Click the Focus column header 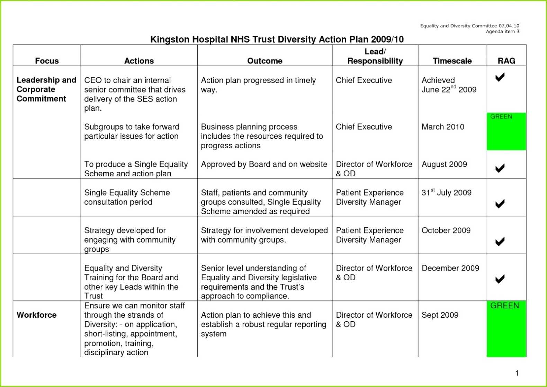47,61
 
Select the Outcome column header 264,61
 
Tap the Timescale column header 452,61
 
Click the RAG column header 506,61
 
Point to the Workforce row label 36,315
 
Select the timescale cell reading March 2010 443,127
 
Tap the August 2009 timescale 444,164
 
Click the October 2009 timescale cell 446,230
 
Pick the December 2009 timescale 450,268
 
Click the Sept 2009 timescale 440,315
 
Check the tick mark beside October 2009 500,241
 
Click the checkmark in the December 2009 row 500,279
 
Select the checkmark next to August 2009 500,168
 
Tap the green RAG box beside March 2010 506,132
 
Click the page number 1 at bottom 517,373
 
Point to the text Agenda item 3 502,32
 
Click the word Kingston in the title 170,39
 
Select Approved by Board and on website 264,164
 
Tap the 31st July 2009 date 446,193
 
